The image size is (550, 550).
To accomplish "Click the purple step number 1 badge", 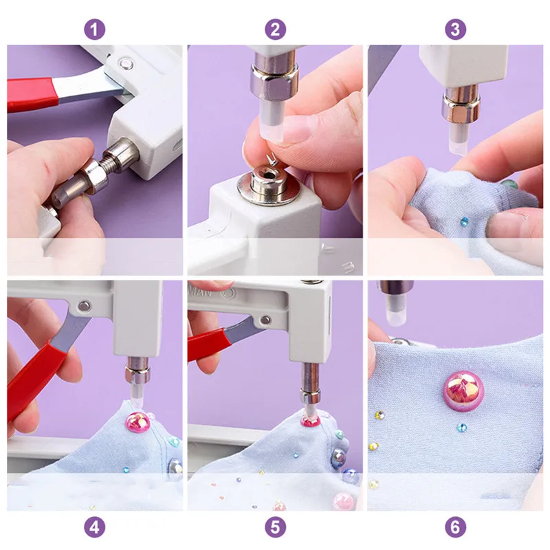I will click(x=95, y=30).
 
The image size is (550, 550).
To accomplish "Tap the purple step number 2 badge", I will click(x=275, y=30).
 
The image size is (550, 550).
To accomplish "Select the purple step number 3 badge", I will click(x=455, y=30).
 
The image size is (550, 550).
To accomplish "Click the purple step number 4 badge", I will click(x=95, y=527).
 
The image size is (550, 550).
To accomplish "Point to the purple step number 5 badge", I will click(x=275, y=527).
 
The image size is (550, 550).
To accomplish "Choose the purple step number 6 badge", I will click(x=455, y=527).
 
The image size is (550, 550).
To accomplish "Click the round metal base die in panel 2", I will click(x=265, y=183).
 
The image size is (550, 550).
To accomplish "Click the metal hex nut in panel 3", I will click(x=461, y=108).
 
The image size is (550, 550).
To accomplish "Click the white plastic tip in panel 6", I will click(x=393, y=313).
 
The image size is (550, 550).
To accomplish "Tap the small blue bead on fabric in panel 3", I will click(x=464, y=221).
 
